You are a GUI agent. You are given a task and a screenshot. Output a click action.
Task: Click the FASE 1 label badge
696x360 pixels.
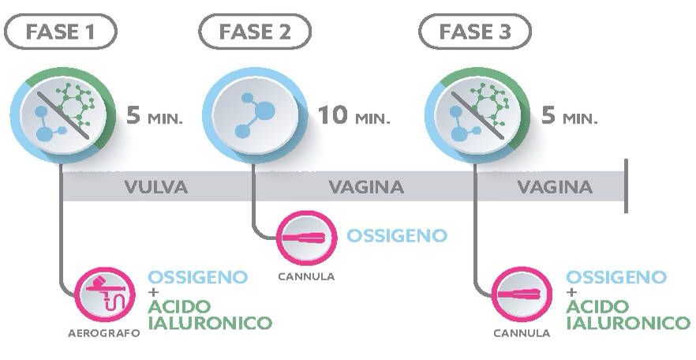click(x=60, y=32)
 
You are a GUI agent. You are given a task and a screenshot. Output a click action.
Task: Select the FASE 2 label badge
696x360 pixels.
click(x=254, y=32)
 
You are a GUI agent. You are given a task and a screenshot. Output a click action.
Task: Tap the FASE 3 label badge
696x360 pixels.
click(x=474, y=32)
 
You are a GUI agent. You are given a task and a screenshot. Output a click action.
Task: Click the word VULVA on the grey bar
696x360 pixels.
click(x=155, y=188)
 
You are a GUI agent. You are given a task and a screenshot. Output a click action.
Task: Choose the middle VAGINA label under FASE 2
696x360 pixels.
click(x=366, y=188)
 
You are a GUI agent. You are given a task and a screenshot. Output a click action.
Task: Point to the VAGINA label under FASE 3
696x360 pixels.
click(x=555, y=188)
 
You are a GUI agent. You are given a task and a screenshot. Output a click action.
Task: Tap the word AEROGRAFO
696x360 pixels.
click(x=103, y=333)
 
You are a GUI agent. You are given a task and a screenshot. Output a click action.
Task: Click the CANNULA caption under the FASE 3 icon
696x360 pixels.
click(x=522, y=333)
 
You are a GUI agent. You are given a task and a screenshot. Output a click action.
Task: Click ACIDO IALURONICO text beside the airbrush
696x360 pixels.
click(x=209, y=314)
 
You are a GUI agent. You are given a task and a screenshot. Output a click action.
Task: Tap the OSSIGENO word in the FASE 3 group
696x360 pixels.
click(x=616, y=277)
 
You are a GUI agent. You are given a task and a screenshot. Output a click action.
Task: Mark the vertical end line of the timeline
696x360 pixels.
click(x=626, y=186)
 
